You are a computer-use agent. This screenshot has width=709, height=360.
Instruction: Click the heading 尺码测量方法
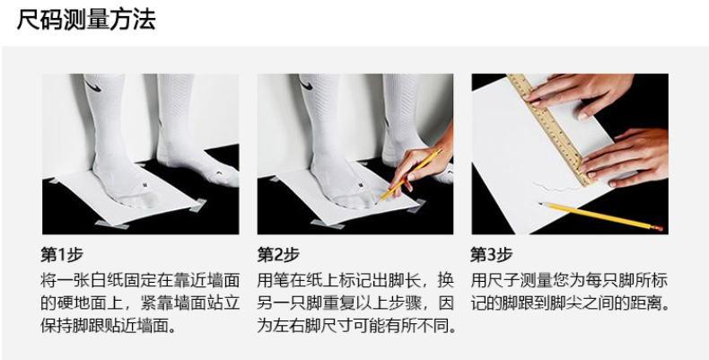coord(86,21)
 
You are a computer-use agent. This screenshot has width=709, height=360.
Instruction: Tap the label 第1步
coord(62,255)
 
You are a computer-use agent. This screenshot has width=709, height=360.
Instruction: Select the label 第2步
coord(278,255)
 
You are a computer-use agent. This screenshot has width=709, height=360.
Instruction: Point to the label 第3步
coord(492,255)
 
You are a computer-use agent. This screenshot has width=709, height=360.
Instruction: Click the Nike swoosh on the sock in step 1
coord(93,85)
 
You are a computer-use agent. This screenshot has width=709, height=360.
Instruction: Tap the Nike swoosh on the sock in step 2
coord(309,83)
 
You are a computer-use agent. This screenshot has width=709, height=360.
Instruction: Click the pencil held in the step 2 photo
coord(410,174)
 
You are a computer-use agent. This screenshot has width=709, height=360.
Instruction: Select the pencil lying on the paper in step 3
coord(600,216)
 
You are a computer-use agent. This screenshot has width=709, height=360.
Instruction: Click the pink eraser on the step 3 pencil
coord(660,228)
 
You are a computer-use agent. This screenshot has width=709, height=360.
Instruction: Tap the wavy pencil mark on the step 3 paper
coord(556,187)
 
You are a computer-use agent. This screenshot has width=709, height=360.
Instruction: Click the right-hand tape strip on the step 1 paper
coord(197,206)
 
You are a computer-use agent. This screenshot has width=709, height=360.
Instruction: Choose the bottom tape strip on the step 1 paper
coord(111,224)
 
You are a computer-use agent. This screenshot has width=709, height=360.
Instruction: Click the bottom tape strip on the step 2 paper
coord(328,224)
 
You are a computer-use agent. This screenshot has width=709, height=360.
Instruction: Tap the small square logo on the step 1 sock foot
coord(144,185)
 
